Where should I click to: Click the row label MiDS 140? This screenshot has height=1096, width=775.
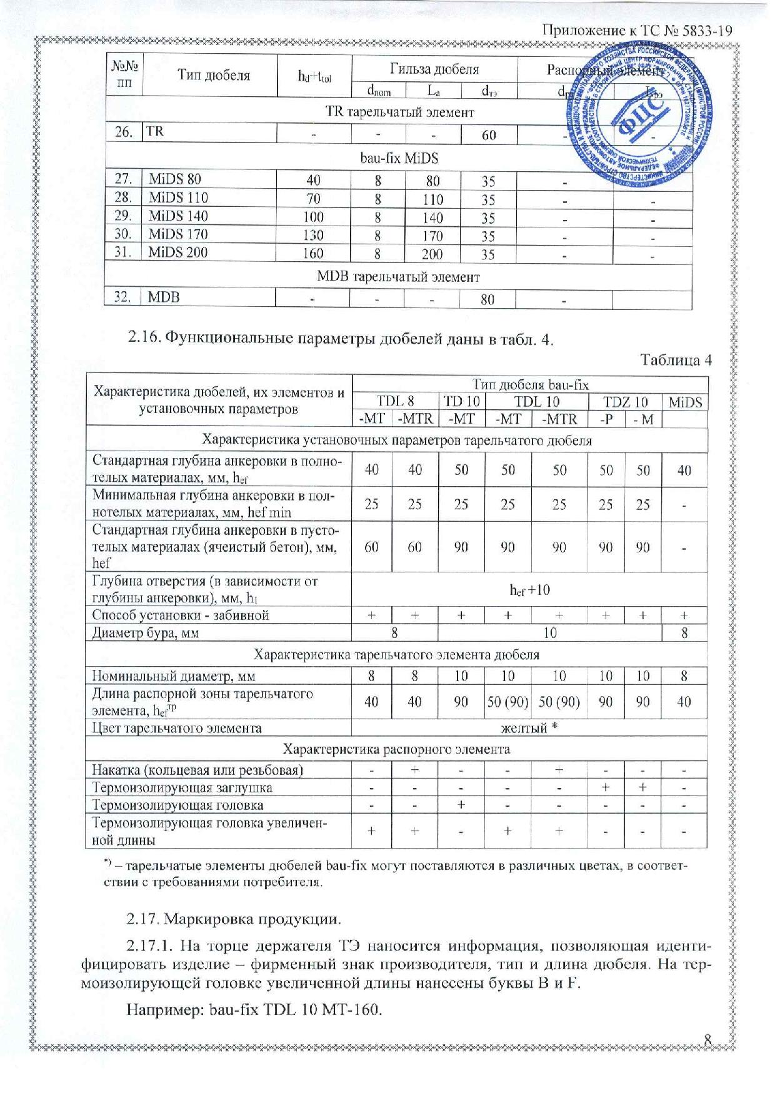click(178, 216)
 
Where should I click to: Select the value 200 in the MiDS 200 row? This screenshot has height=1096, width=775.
click(432, 254)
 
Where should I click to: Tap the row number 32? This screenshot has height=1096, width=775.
click(123, 297)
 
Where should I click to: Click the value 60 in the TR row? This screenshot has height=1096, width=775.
click(488, 135)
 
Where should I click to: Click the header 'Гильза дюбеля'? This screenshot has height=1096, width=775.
click(434, 69)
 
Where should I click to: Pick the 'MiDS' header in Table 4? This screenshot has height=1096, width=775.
click(685, 402)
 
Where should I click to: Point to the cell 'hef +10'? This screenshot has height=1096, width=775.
click(529, 589)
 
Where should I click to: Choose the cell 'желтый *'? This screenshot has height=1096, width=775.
click(529, 728)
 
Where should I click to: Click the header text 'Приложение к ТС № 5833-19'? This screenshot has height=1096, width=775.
click(636, 31)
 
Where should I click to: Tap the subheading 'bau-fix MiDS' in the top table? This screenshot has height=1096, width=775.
click(398, 158)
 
